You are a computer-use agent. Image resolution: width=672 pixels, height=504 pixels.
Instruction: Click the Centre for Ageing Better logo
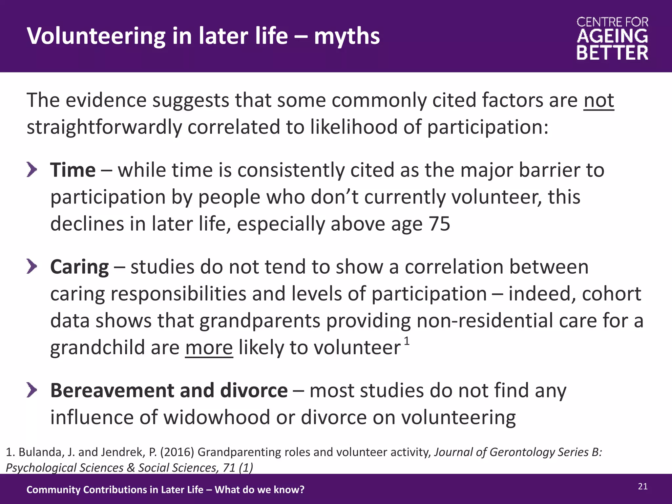[612, 39]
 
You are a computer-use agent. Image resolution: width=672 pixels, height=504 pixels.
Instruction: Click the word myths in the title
[347, 36]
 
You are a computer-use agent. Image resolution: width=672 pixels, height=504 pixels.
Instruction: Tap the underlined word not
[598, 100]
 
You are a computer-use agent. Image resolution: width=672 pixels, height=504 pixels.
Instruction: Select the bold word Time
[73, 171]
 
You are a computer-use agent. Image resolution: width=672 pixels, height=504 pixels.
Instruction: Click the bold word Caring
[79, 267]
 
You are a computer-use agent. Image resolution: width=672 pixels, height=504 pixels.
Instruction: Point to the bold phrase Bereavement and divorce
[169, 391]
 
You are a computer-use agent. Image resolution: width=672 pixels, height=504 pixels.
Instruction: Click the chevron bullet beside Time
[31, 170]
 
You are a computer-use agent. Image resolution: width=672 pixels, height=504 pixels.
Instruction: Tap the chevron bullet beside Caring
[31, 266]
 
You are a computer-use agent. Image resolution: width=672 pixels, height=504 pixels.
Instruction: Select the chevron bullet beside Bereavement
[31, 390]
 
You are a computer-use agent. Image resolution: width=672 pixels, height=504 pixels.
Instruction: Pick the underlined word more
[209, 348]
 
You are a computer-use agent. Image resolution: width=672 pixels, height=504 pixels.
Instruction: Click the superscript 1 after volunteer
[407, 342]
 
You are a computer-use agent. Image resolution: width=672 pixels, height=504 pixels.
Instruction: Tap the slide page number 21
[642, 487]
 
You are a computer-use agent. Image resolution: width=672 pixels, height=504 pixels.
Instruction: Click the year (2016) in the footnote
[177, 452]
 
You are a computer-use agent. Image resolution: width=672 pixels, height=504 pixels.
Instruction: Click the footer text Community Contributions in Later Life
[115, 490]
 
